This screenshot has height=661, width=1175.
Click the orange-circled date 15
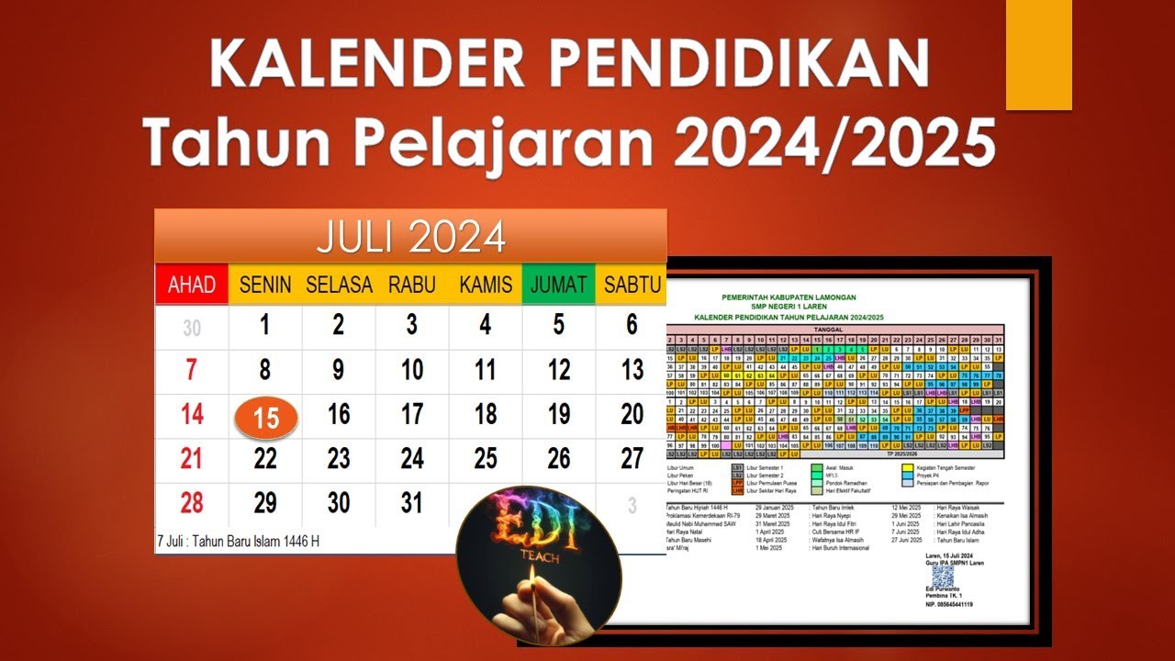point(266,418)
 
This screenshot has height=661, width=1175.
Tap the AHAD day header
point(192,285)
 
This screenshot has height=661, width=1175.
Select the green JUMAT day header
point(558,285)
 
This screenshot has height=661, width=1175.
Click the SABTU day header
point(632,285)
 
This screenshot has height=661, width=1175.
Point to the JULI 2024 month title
point(410,237)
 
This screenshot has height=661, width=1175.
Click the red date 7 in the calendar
point(191,370)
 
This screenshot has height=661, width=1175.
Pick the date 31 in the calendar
point(412,502)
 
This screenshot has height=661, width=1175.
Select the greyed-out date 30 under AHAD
point(191,328)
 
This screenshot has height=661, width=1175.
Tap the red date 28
point(191,502)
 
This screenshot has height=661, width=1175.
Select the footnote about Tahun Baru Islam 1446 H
point(239,541)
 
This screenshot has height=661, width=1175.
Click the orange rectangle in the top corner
point(1038,54)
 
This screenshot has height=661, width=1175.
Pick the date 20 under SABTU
point(632,414)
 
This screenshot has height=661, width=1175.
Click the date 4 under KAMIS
point(485,325)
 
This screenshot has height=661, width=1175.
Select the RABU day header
point(411,285)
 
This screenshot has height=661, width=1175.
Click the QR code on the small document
point(943,576)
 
